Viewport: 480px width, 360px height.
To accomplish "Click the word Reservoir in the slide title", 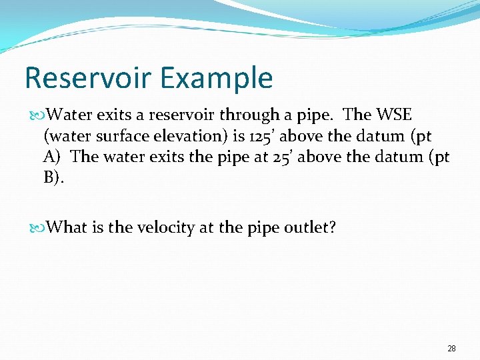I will [83, 79].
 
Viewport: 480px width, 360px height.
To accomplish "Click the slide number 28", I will [451, 349].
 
